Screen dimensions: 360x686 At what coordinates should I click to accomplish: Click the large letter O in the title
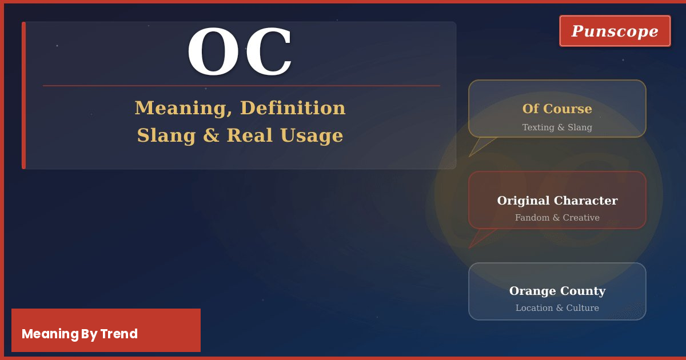(214, 52)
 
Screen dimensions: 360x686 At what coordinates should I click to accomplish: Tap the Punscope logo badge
(615, 31)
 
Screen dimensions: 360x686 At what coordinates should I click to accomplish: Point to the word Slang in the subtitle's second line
(165, 135)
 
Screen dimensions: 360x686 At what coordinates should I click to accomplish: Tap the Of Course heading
(557, 109)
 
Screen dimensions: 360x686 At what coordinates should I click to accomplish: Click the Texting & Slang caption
(557, 127)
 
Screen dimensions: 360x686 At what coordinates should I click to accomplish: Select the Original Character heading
(557, 201)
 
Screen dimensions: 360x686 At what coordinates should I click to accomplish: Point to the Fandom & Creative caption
(557, 218)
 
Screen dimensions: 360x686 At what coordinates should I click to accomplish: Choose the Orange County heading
(557, 291)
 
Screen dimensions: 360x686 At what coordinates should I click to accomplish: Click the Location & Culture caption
(557, 308)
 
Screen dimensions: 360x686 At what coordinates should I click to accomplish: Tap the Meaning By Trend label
(79, 334)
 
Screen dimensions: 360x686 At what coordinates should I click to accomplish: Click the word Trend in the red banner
(119, 334)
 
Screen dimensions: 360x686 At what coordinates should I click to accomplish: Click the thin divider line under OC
(241, 86)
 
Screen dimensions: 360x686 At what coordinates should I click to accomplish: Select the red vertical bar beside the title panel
(23, 95)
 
